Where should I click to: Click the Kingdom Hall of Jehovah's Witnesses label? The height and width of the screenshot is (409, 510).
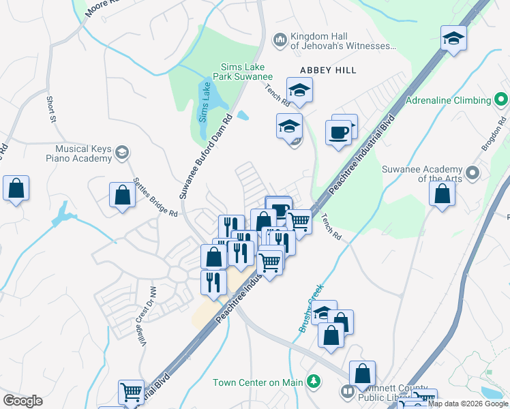343,41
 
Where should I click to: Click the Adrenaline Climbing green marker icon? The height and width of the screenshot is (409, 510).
501,100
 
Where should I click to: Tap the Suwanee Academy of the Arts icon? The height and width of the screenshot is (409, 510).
470,171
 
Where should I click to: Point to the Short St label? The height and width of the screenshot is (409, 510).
51,110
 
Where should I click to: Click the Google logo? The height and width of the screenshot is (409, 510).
23,401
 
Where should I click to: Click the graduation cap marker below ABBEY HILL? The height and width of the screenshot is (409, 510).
299,89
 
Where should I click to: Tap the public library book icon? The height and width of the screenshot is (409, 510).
347,391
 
